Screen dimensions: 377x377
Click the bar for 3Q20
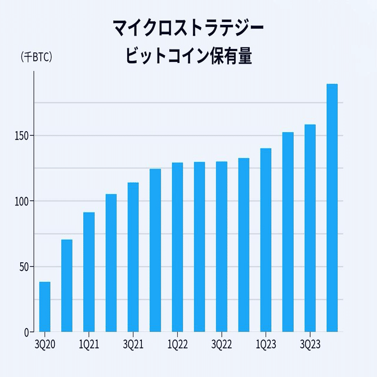(45, 307)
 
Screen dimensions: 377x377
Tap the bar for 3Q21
(133, 257)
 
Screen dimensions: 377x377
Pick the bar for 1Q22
(177, 247)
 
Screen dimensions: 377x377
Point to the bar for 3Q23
(310, 228)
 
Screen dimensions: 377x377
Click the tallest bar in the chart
(332, 208)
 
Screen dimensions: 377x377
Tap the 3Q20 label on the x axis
(45, 344)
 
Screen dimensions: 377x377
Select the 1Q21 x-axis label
(89, 344)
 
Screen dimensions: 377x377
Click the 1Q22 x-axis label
(177, 344)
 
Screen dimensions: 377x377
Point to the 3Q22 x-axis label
(222, 344)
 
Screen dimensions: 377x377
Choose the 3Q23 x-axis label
(310, 344)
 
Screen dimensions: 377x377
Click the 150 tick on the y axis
(21, 136)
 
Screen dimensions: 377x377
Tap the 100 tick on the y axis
(21, 201)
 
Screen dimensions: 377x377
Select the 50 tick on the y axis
(23, 267)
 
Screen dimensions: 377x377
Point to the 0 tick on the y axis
(26, 332)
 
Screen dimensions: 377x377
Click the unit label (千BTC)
(36, 57)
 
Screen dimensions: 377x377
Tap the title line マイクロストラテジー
(188, 26)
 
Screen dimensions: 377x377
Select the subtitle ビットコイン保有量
(188, 56)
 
